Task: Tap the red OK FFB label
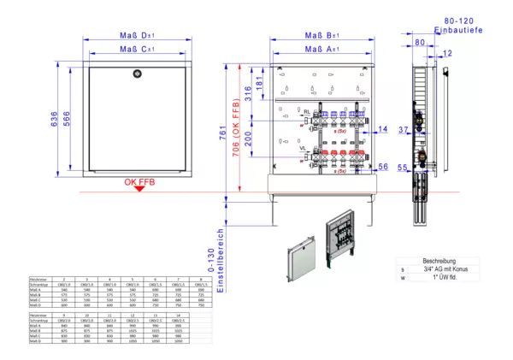tap(139, 182)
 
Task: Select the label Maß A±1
tap(322, 50)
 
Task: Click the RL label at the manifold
tap(306, 111)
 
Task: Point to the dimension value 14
tap(383, 129)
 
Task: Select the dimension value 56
tap(383, 168)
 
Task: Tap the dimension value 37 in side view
tap(404, 130)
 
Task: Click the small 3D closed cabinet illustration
tap(300, 251)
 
